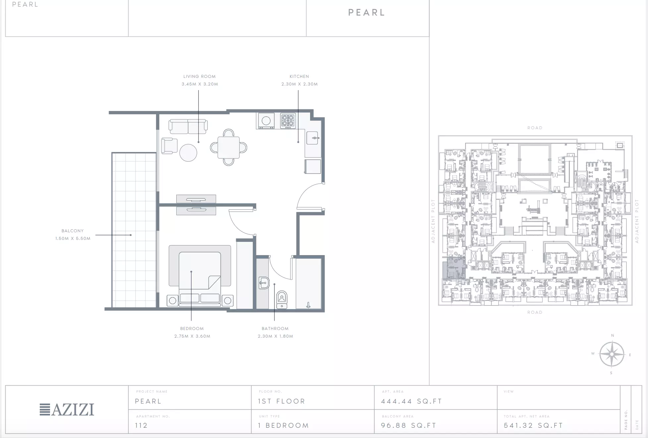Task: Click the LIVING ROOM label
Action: [199, 77]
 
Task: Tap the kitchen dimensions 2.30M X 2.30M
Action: [299, 84]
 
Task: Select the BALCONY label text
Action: [73, 231]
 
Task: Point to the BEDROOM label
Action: [192, 329]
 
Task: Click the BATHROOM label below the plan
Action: [275, 329]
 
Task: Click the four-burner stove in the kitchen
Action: [288, 121]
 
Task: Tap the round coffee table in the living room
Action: [188, 153]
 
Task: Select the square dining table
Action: [229, 147]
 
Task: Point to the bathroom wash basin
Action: [264, 283]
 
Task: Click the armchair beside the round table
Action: [167, 146]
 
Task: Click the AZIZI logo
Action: [67, 410]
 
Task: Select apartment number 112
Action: [141, 425]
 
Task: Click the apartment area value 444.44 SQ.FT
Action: [411, 401]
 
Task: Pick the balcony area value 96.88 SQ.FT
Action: [408, 425]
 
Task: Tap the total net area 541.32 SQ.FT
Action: [533, 425]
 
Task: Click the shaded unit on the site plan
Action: [454, 268]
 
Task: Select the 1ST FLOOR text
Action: [282, 401]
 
